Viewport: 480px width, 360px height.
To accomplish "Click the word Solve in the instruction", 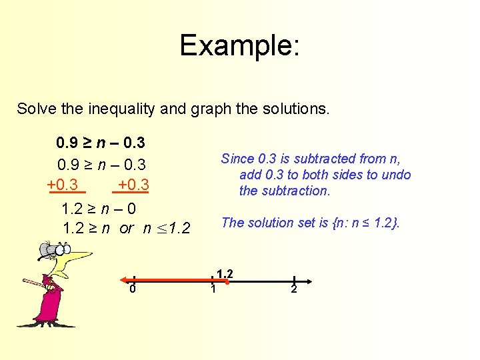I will coord(35,108).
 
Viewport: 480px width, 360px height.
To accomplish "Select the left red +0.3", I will coord(63,185).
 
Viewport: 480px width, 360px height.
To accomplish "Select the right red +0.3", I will coord(133,185).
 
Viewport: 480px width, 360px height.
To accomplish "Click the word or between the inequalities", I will coord(127,229).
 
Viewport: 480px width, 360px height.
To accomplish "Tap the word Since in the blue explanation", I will coord(237,159).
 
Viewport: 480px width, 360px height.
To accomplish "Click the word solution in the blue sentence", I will coord(268,223).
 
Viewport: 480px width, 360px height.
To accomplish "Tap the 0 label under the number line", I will coord(133,289).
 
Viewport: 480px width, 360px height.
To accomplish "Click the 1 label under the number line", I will coord(213,289).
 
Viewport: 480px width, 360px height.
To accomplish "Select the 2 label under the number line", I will coord(293,289).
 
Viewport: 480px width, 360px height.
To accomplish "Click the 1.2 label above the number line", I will coord(225,273).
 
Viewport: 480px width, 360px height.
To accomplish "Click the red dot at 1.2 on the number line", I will coord(226,283).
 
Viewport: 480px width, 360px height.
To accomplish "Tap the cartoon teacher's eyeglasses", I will coord(56,251).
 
